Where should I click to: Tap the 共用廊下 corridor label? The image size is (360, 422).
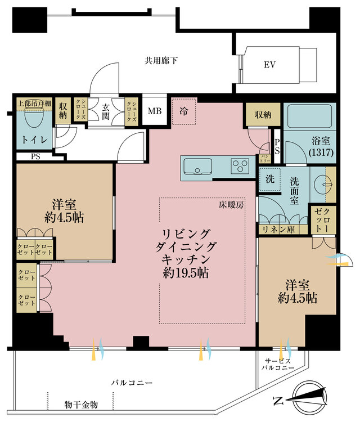pyautogui.click(x=161, y=60)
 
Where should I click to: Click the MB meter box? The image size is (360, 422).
pyautogui.click(x=154, y=111)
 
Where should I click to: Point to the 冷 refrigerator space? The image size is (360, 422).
pyautogui.click(x=184, y=111)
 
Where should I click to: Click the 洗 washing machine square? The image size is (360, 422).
pyautogui.click(x=269, y=181)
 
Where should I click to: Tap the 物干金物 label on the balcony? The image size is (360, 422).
pyautogui.click(x=81, y=404)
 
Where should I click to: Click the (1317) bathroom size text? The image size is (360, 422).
pyautogui.click(x=319, y=152)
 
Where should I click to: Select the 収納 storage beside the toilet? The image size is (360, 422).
pyautogui.click(x=62, y=110)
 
